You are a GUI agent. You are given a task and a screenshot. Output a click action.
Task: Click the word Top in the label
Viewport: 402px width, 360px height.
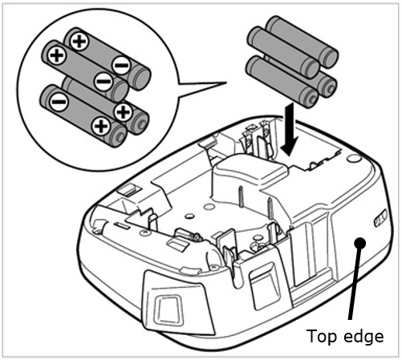pyautogui.click(x=321, y=338)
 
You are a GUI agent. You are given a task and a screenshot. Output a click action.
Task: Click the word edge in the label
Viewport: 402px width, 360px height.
pyautogui.click(x=363, y=338)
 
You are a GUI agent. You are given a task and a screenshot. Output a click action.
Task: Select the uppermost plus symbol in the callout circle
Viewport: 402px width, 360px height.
pyautogui.click(x=79, y=41)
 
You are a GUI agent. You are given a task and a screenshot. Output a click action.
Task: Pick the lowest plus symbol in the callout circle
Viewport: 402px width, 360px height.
pyautogui.click(x=101, y=126)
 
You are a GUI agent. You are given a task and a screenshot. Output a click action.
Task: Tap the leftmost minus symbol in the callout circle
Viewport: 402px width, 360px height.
pyautogui.click(x=59, y=102)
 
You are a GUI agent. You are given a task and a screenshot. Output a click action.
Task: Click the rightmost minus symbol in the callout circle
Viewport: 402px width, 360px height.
pyautogui.click(x=121, y=65)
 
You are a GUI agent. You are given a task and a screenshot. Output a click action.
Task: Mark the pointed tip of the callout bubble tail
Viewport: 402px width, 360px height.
pyautogui.click(x=226, y=83)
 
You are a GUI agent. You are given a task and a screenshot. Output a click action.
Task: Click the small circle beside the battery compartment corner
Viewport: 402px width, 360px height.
pyautogui.click(x=353, y=158)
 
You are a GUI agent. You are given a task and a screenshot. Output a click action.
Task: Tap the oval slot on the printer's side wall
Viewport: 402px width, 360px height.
pyautogui.click(x=380, y=218)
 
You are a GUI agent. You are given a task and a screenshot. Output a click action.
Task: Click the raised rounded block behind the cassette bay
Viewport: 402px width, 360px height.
pyautogui.click(x=251, y=169)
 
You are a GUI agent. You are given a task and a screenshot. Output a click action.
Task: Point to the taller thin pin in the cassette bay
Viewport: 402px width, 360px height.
pyautogui.click(x=241, y=197)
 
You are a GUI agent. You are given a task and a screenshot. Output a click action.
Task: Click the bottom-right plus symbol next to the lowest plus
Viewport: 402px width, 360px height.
pyautogui.click(x=123, y=111)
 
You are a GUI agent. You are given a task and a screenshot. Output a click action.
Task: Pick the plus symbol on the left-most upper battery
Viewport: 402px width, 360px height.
pyautogui.click(x=57, y=56)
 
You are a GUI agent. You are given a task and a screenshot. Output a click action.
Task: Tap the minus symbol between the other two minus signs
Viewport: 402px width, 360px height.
pyautogui.click(x=104, y=81)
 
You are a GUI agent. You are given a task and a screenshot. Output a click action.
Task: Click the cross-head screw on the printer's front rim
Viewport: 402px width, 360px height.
pyautogui.click(x=144, y=233)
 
